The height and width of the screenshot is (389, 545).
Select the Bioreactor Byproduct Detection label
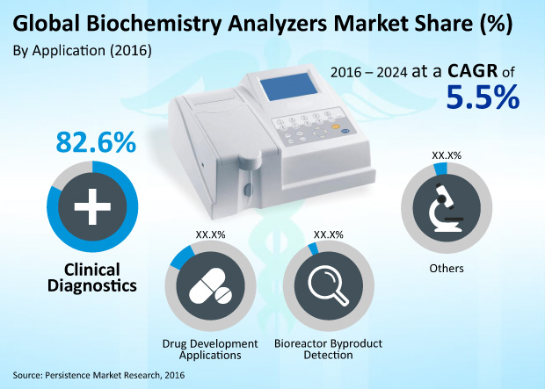328,349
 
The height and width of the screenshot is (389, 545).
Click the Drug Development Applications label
209,349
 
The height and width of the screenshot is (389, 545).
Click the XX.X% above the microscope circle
447,155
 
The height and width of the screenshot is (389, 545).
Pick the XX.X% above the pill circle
209,235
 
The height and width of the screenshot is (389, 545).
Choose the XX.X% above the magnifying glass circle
328,235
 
